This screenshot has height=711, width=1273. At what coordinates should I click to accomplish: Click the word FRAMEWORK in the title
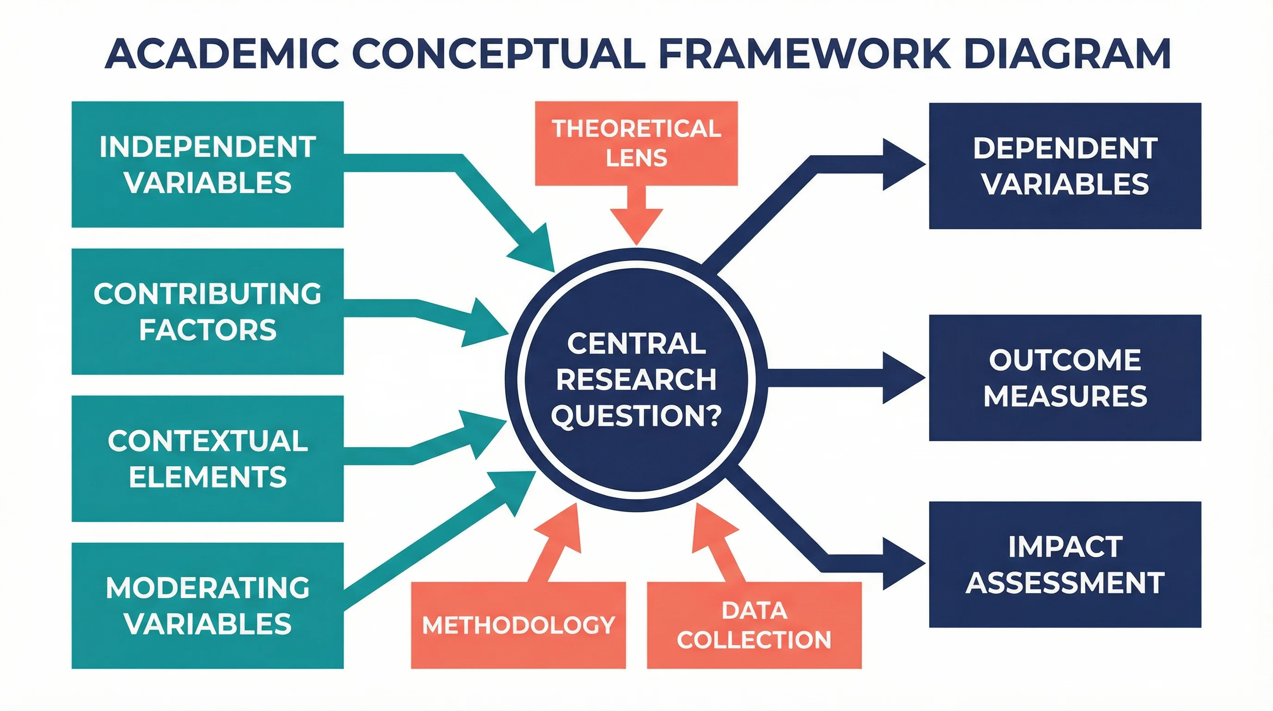pos(803,53)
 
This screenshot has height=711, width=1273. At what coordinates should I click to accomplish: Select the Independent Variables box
pos(208,164)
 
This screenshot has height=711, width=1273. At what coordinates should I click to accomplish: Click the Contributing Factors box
pos(208,312)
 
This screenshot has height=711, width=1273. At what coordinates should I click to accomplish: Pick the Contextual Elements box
pos(208,458)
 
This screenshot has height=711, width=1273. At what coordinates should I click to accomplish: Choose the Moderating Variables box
pos(208,605)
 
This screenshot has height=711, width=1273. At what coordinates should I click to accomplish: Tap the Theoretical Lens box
pos(636,143)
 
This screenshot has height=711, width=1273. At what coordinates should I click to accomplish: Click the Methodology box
pos(519,625)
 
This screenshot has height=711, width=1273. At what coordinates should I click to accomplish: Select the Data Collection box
pos(754,625)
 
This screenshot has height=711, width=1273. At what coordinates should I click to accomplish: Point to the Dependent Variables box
pos(1065,166)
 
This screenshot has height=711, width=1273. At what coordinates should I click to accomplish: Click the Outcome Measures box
pos(1065,378)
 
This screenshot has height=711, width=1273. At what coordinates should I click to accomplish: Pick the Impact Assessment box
pos(1065,565)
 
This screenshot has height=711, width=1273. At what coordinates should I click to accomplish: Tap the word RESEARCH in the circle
pos(636,380)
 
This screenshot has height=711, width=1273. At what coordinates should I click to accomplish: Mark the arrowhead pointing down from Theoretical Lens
pos(636,224)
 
